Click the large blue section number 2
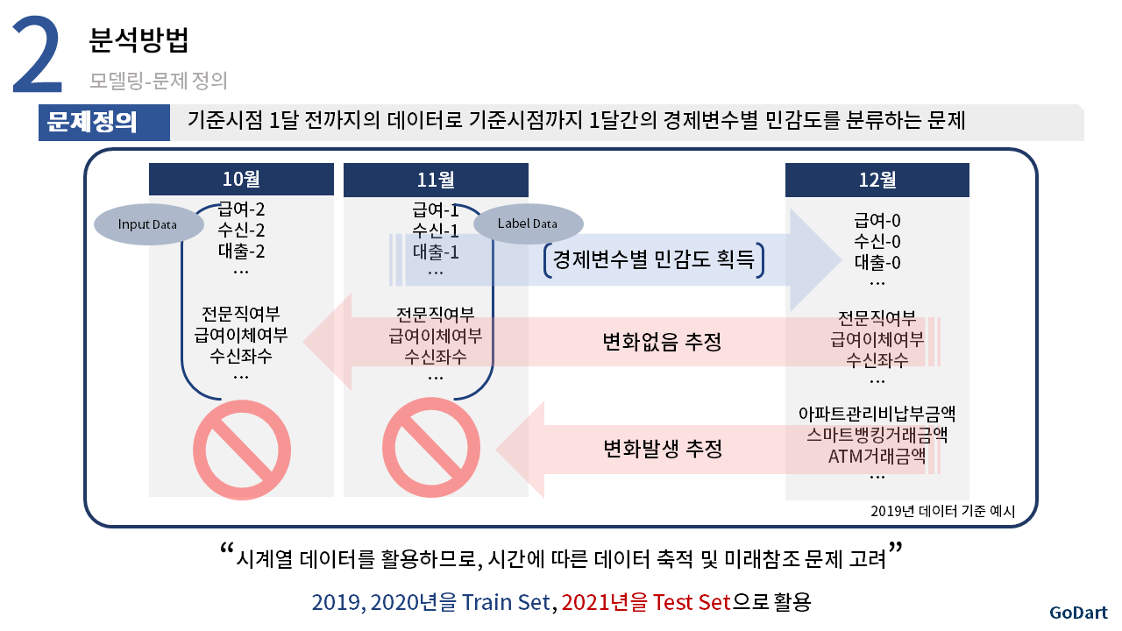38,54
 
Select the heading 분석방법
138,40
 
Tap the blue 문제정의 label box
104,122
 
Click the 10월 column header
241,179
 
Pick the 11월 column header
436,180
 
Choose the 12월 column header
877,180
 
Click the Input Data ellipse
149,224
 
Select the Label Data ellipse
528,223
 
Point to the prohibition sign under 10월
241,450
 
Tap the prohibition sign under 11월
430,448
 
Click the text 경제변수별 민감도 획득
654,259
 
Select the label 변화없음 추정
662,342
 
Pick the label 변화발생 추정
663,448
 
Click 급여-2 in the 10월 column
241,209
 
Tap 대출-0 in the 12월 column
877,262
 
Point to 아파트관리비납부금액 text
877,414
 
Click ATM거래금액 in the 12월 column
877,457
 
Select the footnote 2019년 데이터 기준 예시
942,511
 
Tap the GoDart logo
1078,613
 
